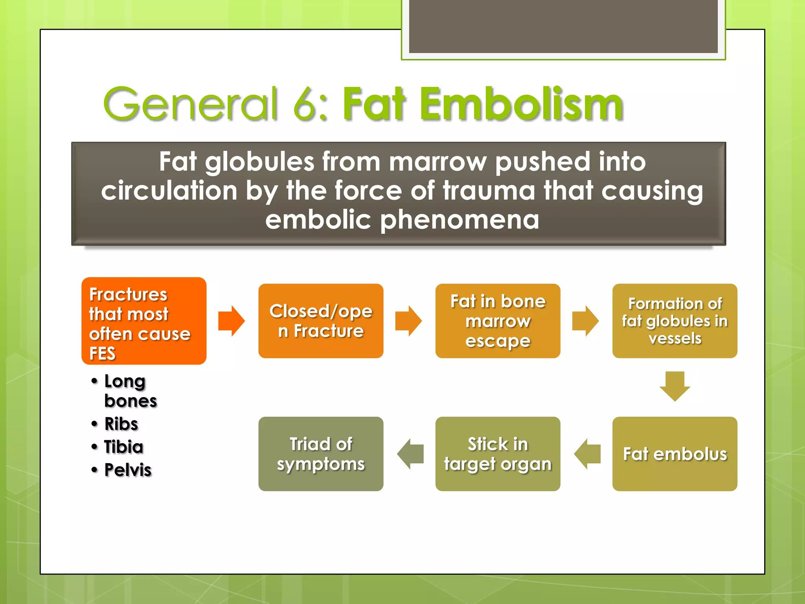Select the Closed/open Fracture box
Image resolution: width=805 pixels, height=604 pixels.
click(x=321, y=321)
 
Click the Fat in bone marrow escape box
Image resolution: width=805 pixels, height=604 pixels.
click(x=498, y=321)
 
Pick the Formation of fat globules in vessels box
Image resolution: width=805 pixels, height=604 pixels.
click(x=675, y=321)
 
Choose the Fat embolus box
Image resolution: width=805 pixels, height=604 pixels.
click(x=675, y=454)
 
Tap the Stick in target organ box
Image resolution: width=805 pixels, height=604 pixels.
click(x=498, y=454)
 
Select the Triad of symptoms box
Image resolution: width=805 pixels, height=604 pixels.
click(x=321, y=454)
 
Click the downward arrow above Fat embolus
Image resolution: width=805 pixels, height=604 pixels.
click(x=675, y=386)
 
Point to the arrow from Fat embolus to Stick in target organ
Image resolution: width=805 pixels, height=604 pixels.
click(x=587, y=454)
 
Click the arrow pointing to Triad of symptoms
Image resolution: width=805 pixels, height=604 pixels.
click(x=410, y=454)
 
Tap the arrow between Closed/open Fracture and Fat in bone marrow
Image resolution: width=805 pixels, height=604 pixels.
click(x=408, y=321)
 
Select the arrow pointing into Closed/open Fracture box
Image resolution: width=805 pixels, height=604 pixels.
click(x=232, y=321)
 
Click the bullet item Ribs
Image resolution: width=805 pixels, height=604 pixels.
click(x=121, y=424)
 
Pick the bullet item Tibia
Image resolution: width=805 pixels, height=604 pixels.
click(x=124, y=447)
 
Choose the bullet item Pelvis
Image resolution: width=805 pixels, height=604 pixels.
click(x=128, y=470)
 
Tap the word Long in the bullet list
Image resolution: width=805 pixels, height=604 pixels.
click(x=125, y=381)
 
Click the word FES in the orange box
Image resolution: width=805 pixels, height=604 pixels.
click(x=102, y=353)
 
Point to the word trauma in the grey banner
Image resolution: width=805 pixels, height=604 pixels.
click(x=489, y=191)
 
